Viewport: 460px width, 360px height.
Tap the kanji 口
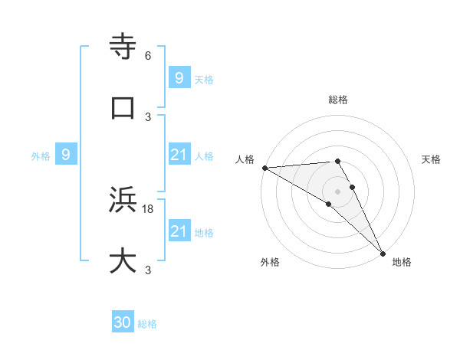pyautogui.click(x=123, y=107)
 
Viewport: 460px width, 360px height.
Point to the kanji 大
pyautogui.click(x=123, y=260)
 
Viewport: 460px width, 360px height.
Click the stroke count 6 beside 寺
pyautogui.click(x=148, y=56)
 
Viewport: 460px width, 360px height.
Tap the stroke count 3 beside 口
pyautogui.click(x=148, y=116)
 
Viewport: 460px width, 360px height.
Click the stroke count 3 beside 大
pyautogui.click(x=148, y=270)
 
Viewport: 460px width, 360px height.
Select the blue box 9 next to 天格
pyautogui.click(x=179, y=78)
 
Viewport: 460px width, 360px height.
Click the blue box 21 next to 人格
pyautogui.click(x=179, y=155)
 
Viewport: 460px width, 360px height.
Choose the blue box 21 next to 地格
pyautogui.click(x=179, y=231)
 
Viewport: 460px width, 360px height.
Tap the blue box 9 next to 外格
pyautogui.click(x=66, y=155)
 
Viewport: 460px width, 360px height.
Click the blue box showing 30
pyautogui.click(x=123, y=322)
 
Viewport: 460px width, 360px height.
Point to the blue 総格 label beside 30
pyautogui.click(x=148, y=324)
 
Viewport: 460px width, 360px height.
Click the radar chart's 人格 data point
pyautogui.click(x=264, y=168)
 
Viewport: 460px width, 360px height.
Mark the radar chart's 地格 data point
pyautogui.click(x=382, y=252)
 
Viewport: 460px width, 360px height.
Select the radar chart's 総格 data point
pyautogui.click(x=337, y=161)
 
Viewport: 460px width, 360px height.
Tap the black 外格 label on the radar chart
pyautogui.click(x=270, y=262)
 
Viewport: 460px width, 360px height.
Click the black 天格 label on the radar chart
pyautogui.click(x=431, y=159)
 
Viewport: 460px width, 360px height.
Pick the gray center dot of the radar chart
pyautogui.click(x=337, y=191)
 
